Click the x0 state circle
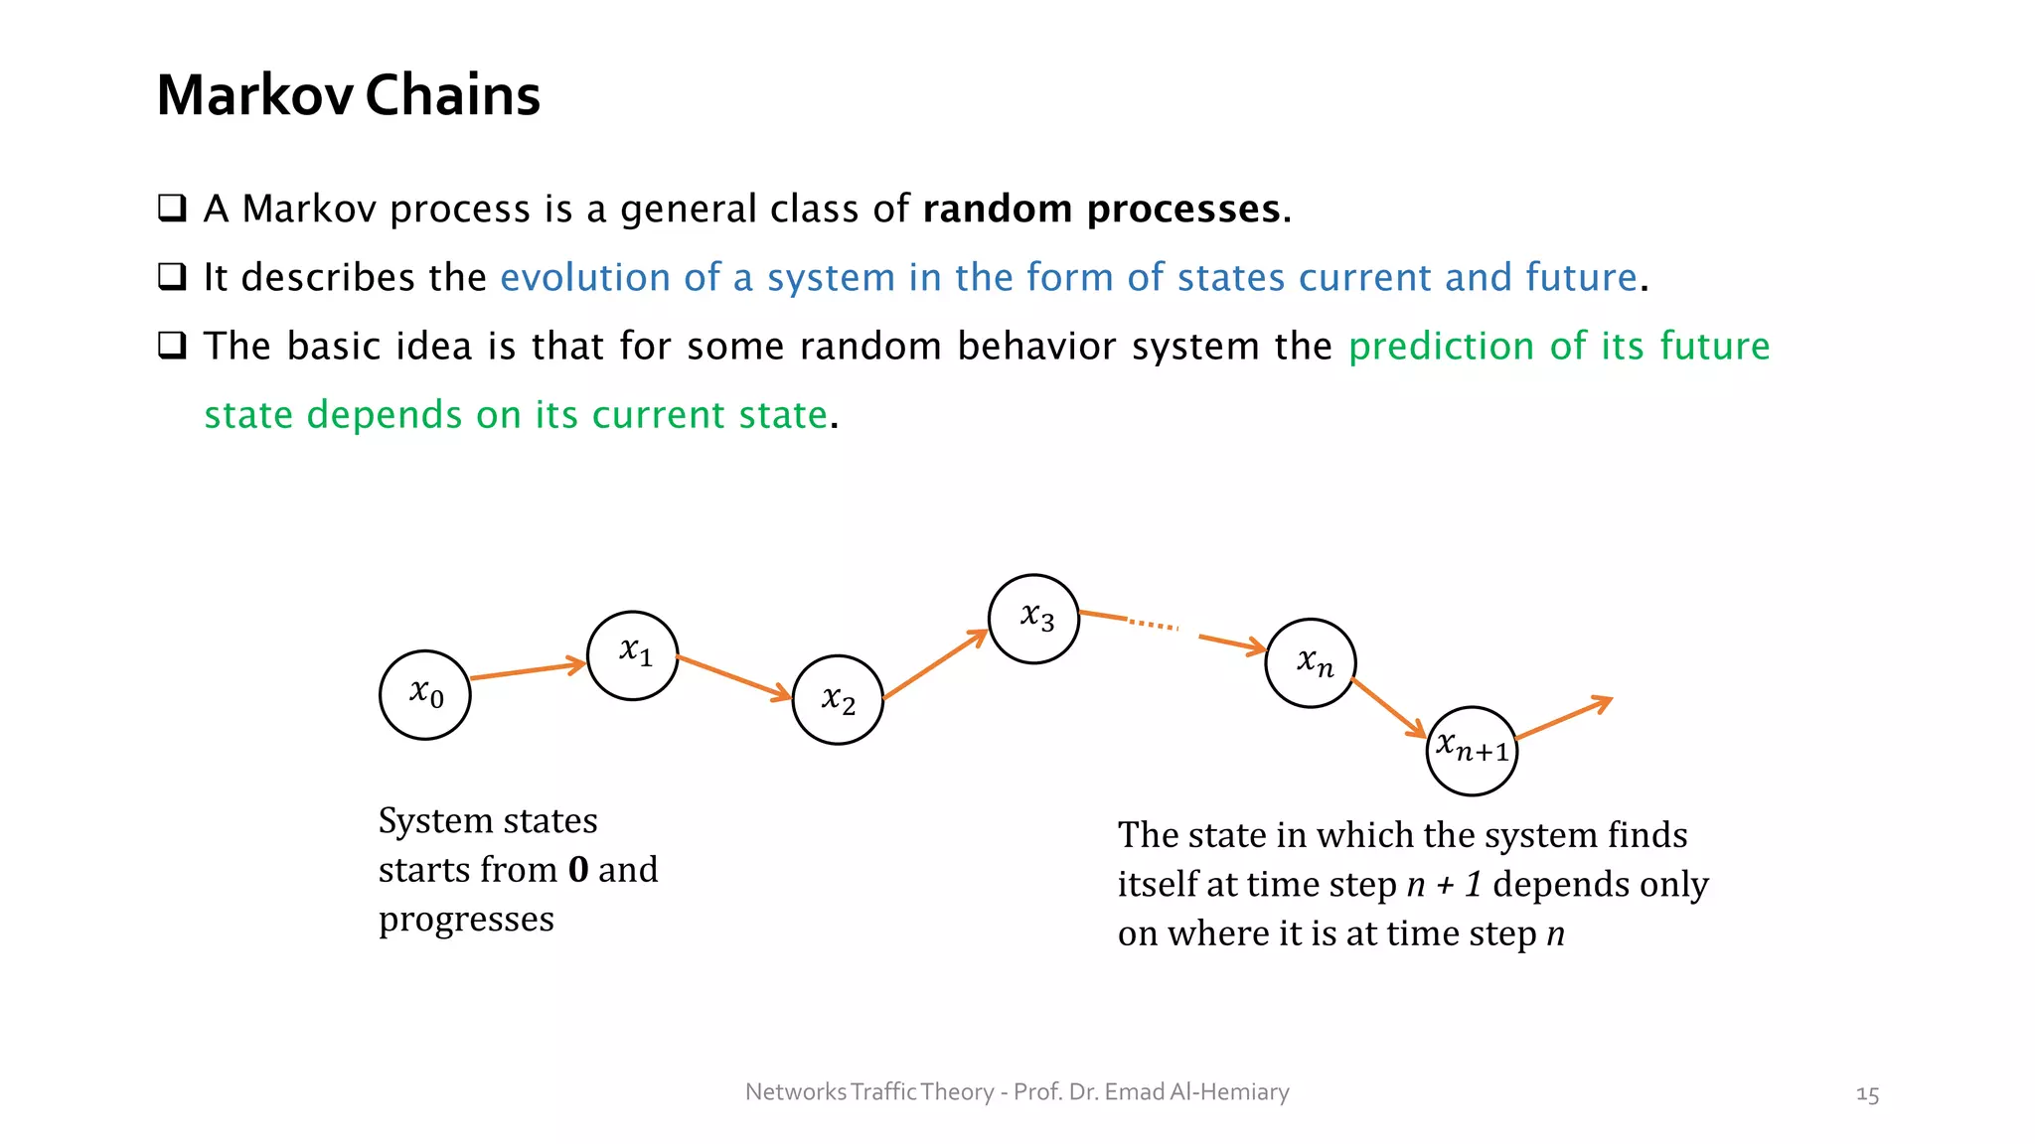pyautogui.click(x=425, y=695)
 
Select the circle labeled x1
pyautogui.click(x=633, y=655)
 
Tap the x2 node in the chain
pyautogui.click(x=838, y=700)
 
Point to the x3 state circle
pyautogui.click(x=1033, y=619)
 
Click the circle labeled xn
pyautogui.click(x=1311, y=662)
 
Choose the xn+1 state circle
pyautogui.click(x=1472, y=751)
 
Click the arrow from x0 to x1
pyautogui.click(x=527, y=670)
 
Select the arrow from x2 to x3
pyautogui.click(x=934, y=664)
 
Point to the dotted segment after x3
pyautogui.click(x=1153, y=625)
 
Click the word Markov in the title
pyautogui.click(x=254, y=96)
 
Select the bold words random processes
pyautogui.click(x=1101, y=210)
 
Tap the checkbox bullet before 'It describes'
pyautogui.click(x=172, y=277)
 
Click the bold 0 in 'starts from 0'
pyautogui.click(x=578, y=870)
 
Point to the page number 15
pyautogui.click(x=1867, y=1094)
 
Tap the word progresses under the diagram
pyautogui.click(x=466, y=920)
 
